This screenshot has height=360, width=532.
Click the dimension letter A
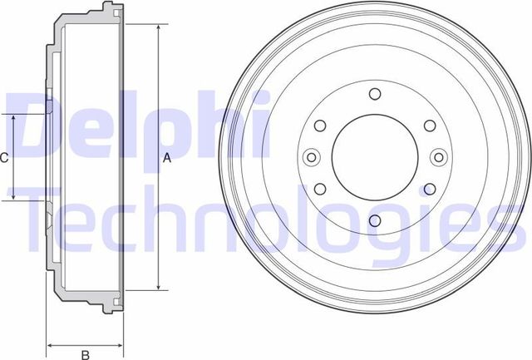(166, 157)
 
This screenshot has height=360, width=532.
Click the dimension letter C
(4, 157)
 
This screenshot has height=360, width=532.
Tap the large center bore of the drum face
(373, 155)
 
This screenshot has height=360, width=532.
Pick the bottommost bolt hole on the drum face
(373, 220)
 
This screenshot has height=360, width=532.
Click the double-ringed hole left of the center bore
(311, 156)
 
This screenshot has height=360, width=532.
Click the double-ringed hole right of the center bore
(436, 156)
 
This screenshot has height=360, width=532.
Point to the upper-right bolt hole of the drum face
(428, 126)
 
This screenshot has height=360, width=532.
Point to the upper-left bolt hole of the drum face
(319, 126)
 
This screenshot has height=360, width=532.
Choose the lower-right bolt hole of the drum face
(428, 187)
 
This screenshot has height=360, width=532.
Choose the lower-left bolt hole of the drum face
(319, 187)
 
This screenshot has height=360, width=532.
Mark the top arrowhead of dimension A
(158, 28)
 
